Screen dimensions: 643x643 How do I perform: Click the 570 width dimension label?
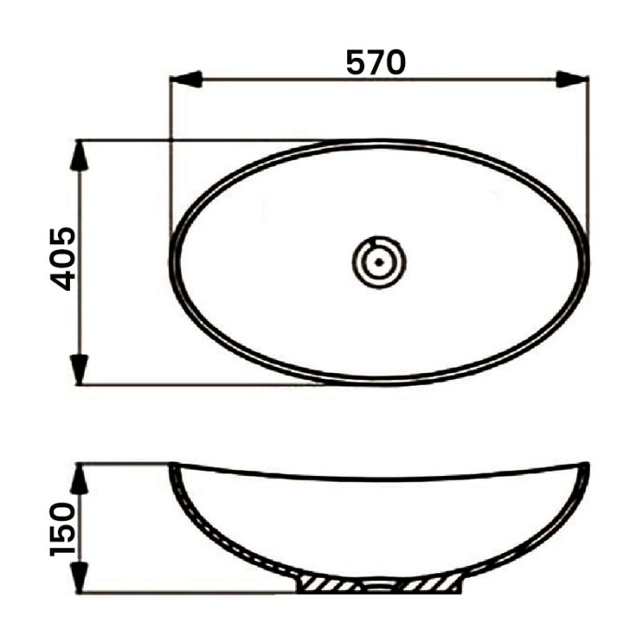tap(375, 62)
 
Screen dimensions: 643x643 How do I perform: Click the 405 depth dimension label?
tap(63, 258)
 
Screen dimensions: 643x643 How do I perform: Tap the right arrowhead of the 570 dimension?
tap(573, 79)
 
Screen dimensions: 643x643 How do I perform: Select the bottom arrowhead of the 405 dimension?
tap(79, 368)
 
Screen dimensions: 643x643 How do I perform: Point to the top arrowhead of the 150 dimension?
tap(79, 479)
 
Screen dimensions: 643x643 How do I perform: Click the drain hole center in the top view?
tap(379, 261)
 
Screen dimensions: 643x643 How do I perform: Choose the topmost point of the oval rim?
tap(379, 141)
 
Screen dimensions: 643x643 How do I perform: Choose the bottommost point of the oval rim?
tap(379, 383)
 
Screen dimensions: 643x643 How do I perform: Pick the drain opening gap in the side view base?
tap(379, 586)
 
